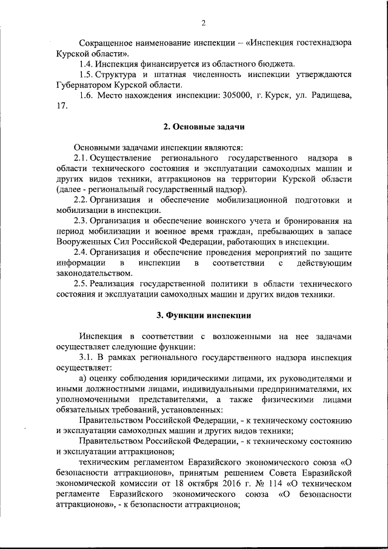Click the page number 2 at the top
(204, 23)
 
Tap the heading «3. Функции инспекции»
(203, 315)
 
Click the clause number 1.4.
(87, 64)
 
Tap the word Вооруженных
(81, 242)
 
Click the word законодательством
(93, 273)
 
